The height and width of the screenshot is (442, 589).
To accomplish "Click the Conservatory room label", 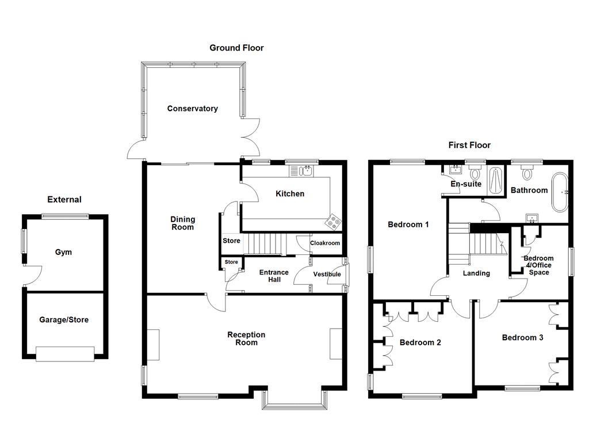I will click(x=192, y=109).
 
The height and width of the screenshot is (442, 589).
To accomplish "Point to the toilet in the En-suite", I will click(x=475, y=172).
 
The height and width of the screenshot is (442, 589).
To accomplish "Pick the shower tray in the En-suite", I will click(x=495, y=180).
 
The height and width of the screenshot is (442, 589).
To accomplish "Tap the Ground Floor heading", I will click(x=236, y=48).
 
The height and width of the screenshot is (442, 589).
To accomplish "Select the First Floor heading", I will click(x=469, y=145).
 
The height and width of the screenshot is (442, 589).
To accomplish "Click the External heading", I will click(x=64, y=200).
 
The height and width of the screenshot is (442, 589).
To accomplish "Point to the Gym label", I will click(x=63, y=252).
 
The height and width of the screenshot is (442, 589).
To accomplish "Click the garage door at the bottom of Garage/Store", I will click(x=64, y=353).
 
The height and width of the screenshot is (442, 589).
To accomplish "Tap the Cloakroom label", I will click(x=325, y=243).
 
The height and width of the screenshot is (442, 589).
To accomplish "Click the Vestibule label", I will click(x=327, y=275).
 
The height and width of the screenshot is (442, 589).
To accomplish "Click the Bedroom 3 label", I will click(x=522, y=338).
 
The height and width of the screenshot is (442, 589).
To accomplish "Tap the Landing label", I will click(x=476, y=273).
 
